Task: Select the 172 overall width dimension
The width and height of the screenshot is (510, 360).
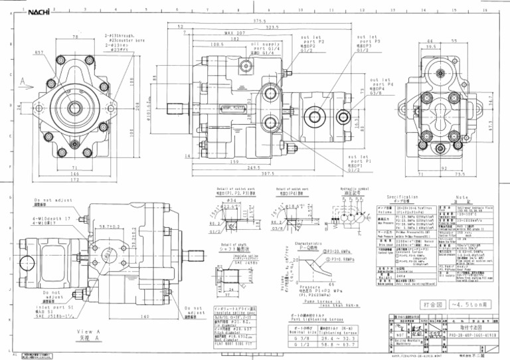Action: pos(74,180)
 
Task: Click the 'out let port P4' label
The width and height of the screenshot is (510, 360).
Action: pos(381,86)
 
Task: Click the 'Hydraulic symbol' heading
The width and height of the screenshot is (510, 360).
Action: pos(345,190)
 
